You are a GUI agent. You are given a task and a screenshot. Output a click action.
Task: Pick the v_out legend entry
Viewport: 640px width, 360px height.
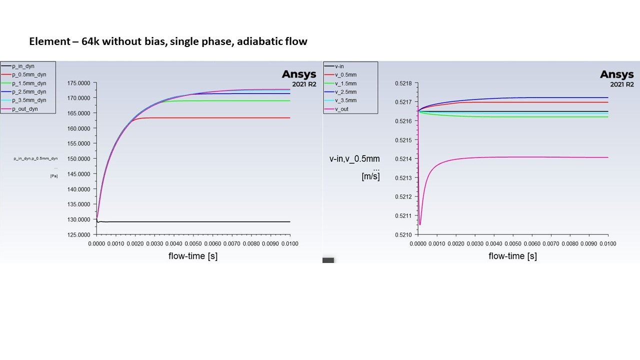(x=342, y=108)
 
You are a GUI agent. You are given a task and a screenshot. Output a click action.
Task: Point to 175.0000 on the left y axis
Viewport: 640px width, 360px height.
(x=79, y=82)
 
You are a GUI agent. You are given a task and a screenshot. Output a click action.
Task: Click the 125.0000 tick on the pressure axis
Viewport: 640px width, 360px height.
(x=79, y=234)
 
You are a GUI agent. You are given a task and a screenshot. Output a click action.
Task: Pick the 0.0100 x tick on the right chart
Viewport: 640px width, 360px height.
(x=607, y=243)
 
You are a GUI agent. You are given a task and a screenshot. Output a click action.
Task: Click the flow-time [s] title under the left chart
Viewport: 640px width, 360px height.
(x=193, y=256)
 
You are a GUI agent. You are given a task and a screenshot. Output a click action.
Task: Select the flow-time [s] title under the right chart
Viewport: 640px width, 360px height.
(x=512, y=256)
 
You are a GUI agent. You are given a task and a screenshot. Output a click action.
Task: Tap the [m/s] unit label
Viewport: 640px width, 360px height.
(x=370, y=176)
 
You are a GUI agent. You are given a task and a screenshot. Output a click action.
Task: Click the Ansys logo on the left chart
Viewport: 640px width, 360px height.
(x=299, y=74)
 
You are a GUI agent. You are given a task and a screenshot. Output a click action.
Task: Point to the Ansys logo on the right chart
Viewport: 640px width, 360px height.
(x=616, y=74)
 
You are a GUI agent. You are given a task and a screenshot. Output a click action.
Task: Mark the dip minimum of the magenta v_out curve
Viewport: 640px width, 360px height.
(x=420, y=224)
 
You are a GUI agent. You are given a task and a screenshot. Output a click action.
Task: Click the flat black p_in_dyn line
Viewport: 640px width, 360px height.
(x=200, y=221)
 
